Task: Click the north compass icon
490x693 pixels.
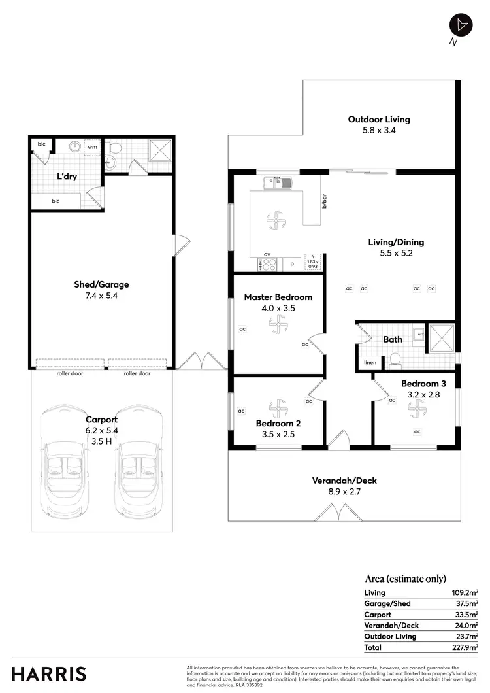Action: point(461,25)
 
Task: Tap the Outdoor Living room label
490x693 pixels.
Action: point(379,120)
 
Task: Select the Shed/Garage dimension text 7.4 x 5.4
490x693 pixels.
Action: point(101,296)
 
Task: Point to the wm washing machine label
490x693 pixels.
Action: point(92,147)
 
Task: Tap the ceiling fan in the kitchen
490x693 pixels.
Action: point(275,220)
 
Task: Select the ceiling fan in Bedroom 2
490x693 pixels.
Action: point(279,410)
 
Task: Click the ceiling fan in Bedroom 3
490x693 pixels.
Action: point(416,409)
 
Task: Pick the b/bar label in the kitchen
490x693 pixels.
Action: point(324,201)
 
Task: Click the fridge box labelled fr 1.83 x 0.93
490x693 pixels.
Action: point(313,262)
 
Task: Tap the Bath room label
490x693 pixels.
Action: point(393,339)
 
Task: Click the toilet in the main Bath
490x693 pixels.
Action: point(395,360)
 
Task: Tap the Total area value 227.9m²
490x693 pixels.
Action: point(465,647)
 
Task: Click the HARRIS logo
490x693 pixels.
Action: point(48,673)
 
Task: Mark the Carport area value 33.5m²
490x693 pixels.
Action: point(466,615)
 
